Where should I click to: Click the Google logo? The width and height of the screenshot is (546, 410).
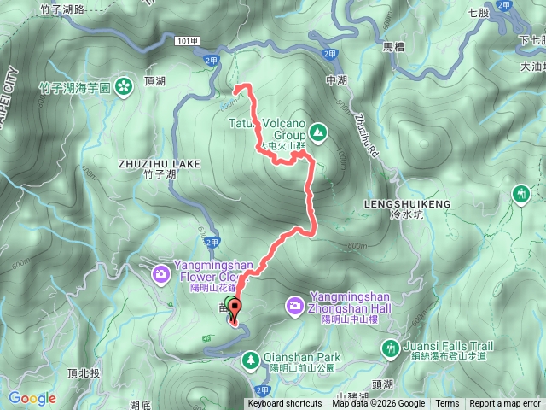[x=32, y=398]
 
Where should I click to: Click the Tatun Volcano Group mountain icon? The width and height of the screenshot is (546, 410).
[x=318, y=132]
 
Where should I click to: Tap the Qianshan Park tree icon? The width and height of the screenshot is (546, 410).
[x=251, y=360]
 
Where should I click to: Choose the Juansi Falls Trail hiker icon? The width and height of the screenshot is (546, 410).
[x=391, y=347]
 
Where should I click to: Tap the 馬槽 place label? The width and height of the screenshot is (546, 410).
[x=394, y=47]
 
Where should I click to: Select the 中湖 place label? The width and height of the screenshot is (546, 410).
[x=337, y=80]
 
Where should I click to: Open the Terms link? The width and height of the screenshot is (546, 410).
[x=447, y=404]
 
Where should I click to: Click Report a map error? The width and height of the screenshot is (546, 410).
[x=505, y=404]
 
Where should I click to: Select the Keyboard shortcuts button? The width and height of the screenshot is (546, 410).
[x=285, y=404]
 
